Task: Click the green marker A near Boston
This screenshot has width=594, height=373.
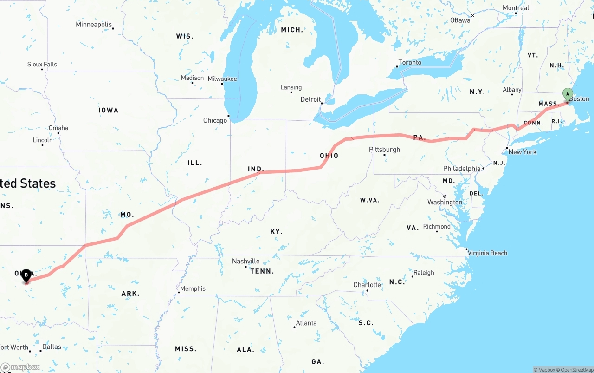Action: [x=567, y=95]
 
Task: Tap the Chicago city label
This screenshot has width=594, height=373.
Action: [x=215, y=120]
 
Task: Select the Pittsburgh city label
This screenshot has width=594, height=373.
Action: [x=384, y=150]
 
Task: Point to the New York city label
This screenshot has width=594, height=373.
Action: [x=523, y=152]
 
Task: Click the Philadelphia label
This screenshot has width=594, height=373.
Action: [x=461, y=169]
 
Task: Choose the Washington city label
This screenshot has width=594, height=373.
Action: [x=445, y=202]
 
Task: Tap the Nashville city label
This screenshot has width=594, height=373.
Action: [x=246, y=261]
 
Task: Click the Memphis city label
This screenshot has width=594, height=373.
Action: [x=193, y=288]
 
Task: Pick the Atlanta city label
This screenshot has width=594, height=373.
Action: [x=306, y=323]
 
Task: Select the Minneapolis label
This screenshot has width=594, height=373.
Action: [x=94, y=24]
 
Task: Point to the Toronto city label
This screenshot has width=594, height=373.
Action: [x=410, y=62]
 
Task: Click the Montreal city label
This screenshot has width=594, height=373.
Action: [x=516, y=8]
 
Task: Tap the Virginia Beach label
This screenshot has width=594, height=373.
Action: [x=487, y=253]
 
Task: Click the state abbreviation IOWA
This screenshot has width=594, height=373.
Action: [x=108, y=110]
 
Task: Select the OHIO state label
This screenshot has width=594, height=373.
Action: [x=329, y=156]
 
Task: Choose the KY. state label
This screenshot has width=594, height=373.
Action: [x=276, y=232]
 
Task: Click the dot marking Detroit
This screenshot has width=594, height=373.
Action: [x=321, y=103]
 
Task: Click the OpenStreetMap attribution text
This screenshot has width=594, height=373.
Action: [x=575, y=370]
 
